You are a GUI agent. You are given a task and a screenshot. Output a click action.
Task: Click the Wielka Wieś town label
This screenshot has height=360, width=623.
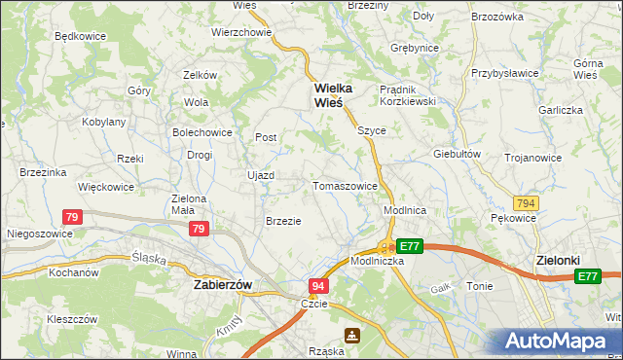[x=331, y=95]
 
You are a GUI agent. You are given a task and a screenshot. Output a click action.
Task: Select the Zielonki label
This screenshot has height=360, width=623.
[x=559, y=261]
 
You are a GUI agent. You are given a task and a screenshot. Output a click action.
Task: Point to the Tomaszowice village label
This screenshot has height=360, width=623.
[x=345, y=185]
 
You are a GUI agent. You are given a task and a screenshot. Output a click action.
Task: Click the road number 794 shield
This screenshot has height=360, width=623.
[x=527, y=202]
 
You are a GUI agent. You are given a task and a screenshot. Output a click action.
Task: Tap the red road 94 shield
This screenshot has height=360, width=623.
[x=318, y=286]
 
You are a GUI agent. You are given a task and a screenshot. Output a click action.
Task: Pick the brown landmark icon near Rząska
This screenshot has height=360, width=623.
[x=352, y=336]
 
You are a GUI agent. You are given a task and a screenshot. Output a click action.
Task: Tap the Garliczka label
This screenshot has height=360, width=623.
[x=560, y=110]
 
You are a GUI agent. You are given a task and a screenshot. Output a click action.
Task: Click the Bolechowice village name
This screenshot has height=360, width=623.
[x=202, y=132]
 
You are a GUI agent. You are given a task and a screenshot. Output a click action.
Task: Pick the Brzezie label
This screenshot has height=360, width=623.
[x=283, y=221]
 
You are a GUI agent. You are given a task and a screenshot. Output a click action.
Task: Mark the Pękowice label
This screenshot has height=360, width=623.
[x=513, y=219]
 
